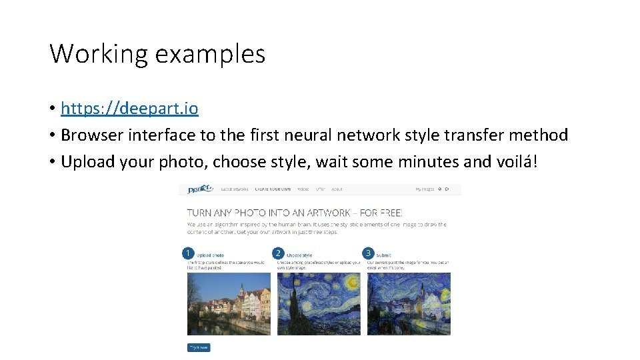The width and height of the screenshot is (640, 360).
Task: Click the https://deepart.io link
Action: (129, 108)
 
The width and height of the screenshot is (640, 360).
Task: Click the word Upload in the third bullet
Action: (85, 161)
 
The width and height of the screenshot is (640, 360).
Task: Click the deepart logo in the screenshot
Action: (199, 189)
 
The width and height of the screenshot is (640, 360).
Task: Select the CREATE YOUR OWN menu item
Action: (273, 189)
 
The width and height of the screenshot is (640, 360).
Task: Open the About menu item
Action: (337, 189)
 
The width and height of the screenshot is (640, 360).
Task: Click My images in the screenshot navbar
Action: (425, 189)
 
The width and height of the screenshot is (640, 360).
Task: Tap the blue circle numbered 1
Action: (188, 253)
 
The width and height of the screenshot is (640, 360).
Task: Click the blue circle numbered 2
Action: (278, 253)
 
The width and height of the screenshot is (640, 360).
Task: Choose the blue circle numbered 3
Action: (368, 253)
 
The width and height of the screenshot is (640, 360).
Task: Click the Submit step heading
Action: (384, 255)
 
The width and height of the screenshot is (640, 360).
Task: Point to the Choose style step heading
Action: (299, 255)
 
